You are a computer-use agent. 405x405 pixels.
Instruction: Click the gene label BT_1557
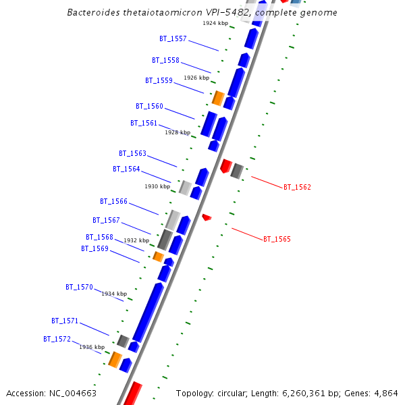coord(173,39)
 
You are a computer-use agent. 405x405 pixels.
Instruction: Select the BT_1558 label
coord(165,60)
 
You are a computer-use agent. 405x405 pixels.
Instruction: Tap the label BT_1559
coord(159,81)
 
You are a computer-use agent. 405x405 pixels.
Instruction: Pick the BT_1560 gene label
coord(149,106)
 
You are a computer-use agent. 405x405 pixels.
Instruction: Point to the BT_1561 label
coord(144,123)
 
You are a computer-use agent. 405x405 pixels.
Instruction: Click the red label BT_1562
coord(297,187)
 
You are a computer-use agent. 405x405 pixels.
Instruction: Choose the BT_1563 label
coord(132,153)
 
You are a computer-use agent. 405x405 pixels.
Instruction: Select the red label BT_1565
coord(277,239)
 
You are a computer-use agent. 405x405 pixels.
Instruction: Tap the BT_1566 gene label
coord(113,201)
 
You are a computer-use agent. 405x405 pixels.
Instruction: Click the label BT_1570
coord(79,287)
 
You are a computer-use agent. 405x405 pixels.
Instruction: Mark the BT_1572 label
coord(57,339)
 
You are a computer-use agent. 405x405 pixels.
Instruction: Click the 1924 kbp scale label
coord(215,23)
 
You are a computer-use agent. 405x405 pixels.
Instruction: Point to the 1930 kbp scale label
coord(157,186)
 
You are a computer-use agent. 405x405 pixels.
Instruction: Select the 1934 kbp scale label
coord(114,294)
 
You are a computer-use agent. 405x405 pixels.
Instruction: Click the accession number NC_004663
coord(72,393)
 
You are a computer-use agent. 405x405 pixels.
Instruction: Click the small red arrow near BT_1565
coord(207,217)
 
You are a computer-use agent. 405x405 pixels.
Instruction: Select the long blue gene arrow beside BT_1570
coord(148,311)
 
